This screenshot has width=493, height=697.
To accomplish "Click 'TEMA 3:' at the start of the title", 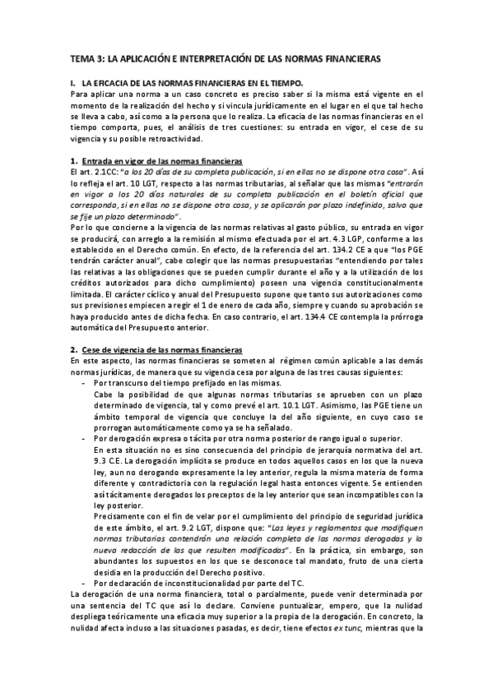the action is (88, 58).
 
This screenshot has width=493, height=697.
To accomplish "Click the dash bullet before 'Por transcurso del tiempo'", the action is (86, 384).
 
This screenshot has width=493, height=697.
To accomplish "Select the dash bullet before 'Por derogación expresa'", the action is (86, 439).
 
